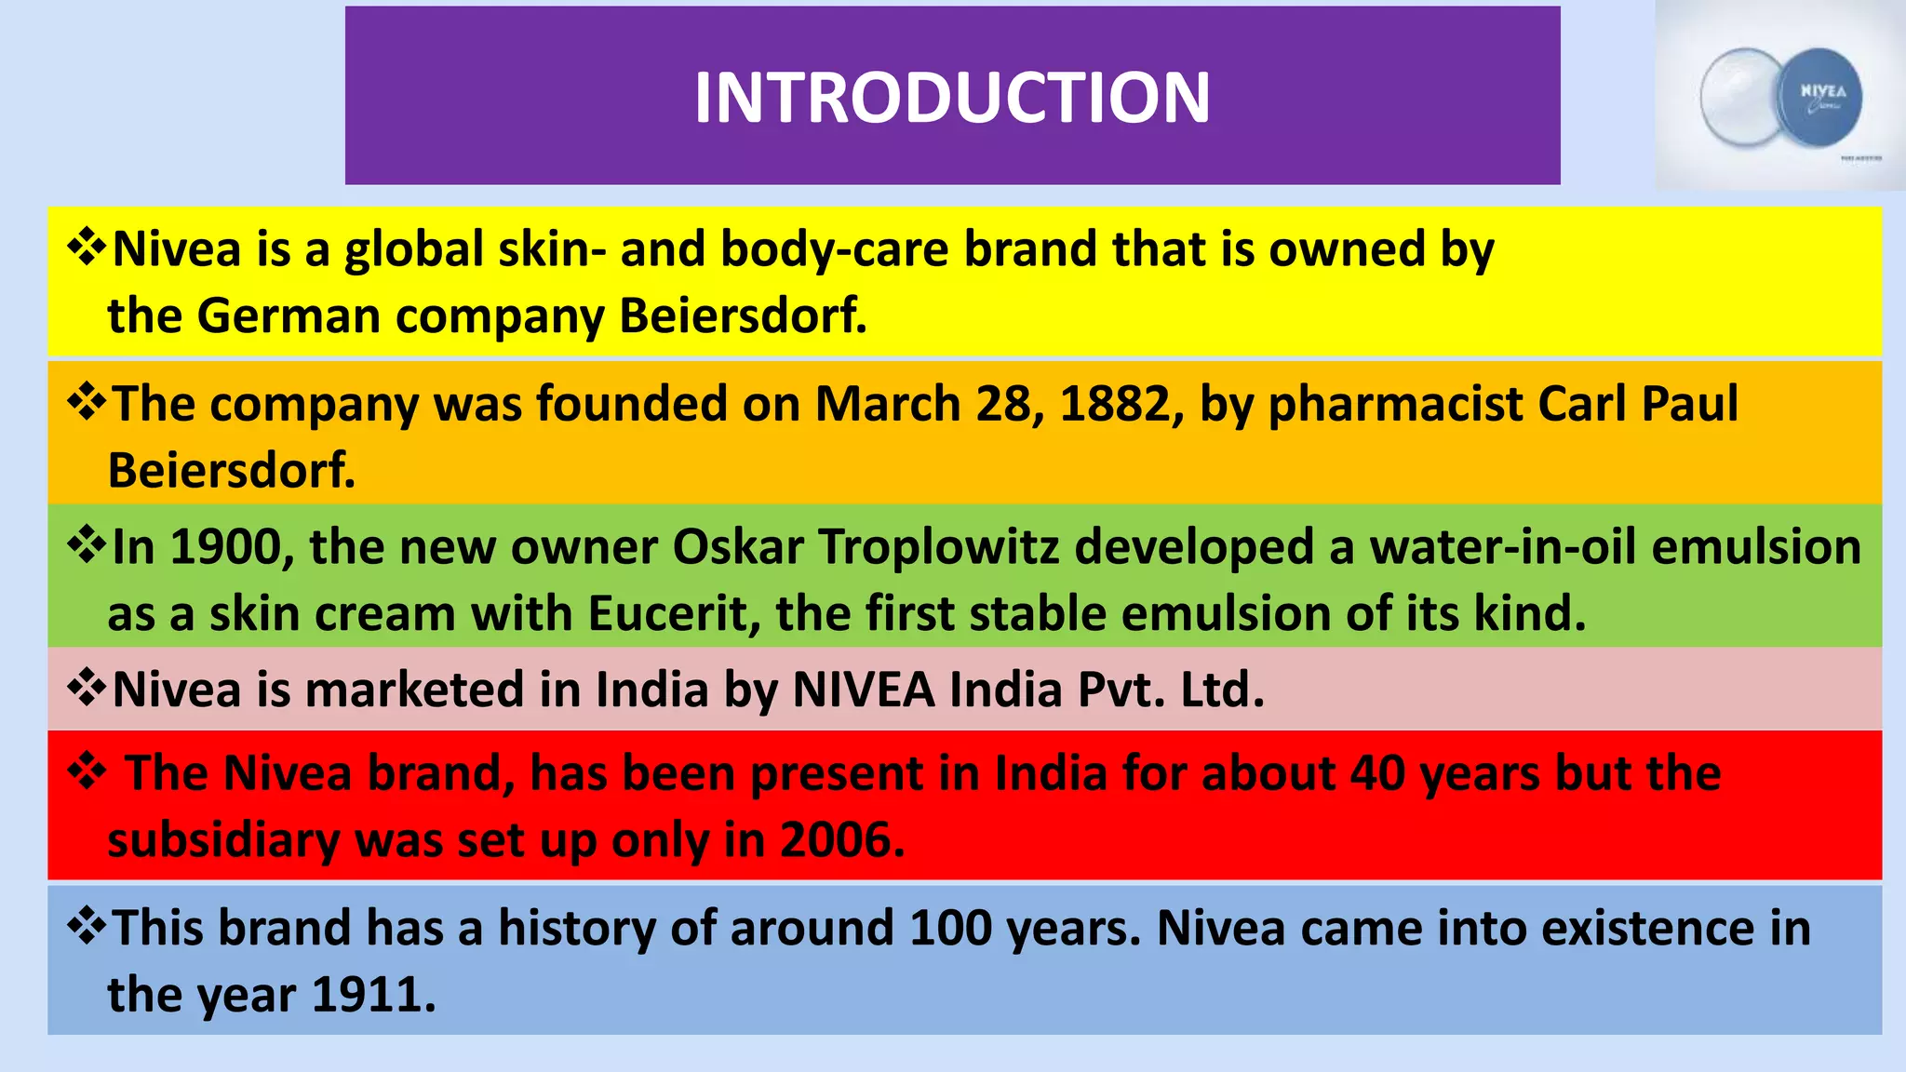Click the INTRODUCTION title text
coord(952,98)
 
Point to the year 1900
coord(225,547)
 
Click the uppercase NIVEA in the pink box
coord(864,690)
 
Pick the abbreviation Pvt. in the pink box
coord(1121,690)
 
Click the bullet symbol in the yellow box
coord(86,248)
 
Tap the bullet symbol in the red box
coord(86,771)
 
